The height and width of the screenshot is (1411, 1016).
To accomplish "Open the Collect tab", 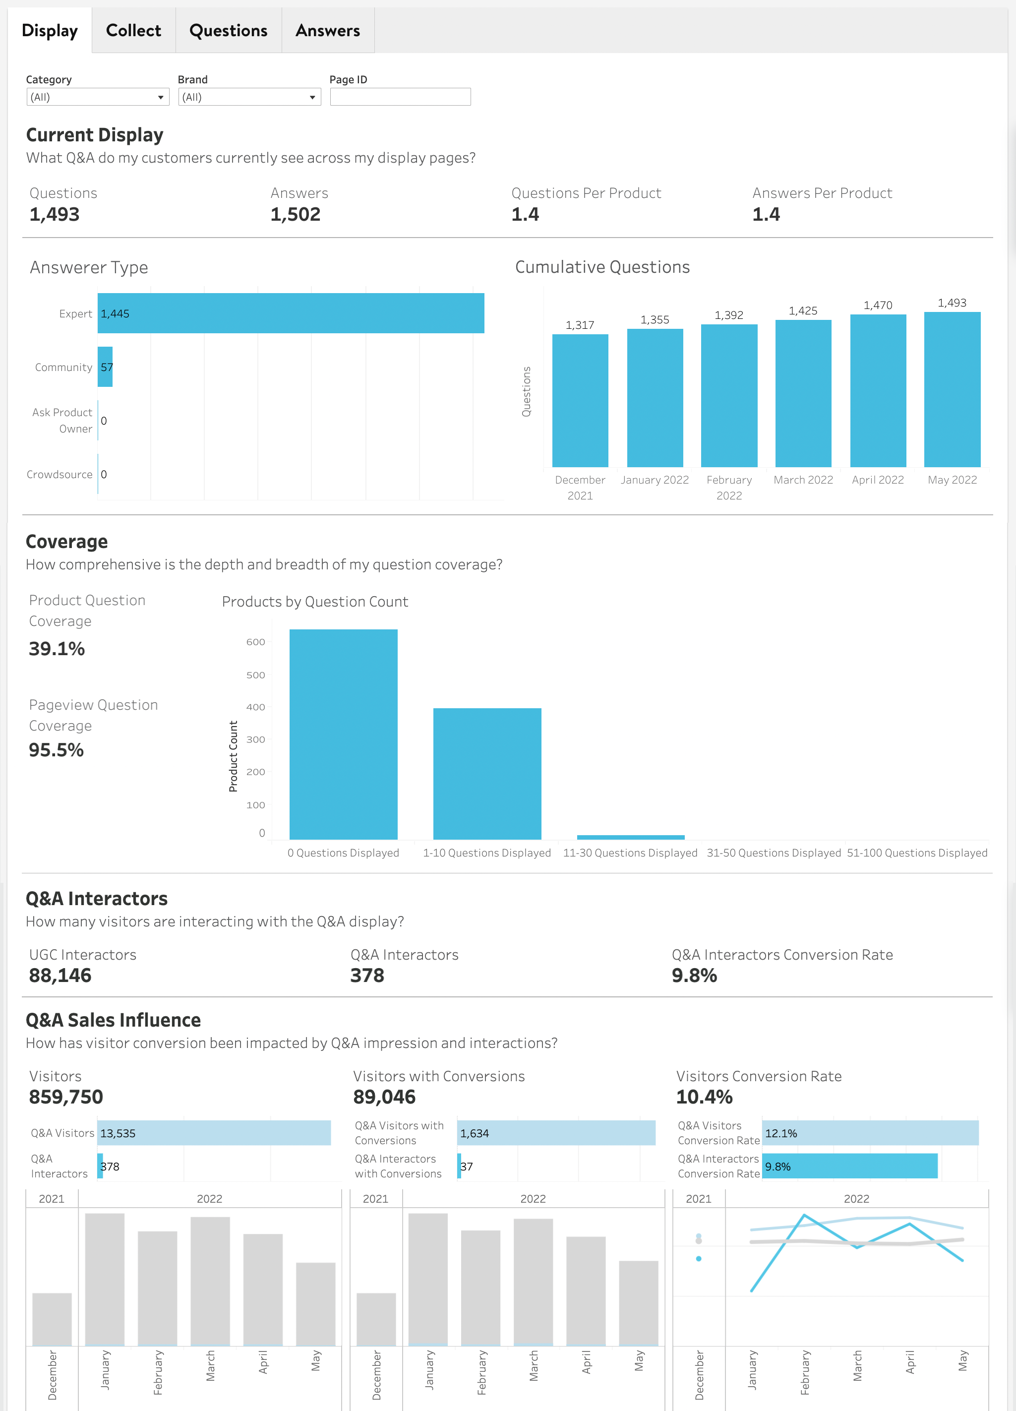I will click(x=133, y=30).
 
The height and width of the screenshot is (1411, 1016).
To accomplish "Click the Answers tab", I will click(x=327, y=30).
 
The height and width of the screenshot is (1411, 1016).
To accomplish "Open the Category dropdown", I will click(x=98, y=97).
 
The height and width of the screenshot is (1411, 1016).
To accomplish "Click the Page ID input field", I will click(x=400, y=97).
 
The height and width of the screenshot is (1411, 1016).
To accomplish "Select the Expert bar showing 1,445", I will click(x=291, y=313).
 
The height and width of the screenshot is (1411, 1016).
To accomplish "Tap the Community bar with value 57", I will click(x=105, y=367).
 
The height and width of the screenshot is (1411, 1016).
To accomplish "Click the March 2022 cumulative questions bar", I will click(x=803, y=393).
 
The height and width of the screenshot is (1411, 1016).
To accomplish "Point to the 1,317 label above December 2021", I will click(x=579, y=325).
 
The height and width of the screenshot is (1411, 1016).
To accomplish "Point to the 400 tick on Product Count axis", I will click(x=256, y=707).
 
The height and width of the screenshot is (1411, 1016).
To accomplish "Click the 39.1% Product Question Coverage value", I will click(x=57, y=649).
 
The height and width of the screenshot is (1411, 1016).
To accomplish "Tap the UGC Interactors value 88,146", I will click(x=60, y=976).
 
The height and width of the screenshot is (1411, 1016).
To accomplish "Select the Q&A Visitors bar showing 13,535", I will click(x=214, y=1133).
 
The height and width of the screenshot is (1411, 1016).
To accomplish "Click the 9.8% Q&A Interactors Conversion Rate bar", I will click(x=849, y=1166).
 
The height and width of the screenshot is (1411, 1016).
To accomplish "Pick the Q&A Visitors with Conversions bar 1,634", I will click(x=556, y=1133).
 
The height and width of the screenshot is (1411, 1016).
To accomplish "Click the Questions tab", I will click(x=228, y=30).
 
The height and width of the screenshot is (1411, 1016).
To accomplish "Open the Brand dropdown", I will click(x=249, y=97).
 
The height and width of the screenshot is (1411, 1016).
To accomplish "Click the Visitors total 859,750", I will click(x=66, y=1097).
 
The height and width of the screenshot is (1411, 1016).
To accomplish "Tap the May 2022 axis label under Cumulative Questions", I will click(x=952, y=480).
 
